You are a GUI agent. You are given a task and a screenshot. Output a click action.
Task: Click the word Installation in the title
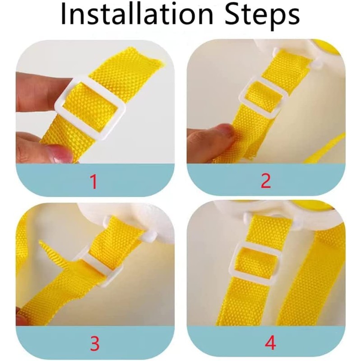point(137,14)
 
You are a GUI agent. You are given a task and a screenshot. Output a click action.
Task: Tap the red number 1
point(93,182)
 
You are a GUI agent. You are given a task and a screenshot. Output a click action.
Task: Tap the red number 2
point(266,181)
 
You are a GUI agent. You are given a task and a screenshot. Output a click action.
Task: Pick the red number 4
point(270,343)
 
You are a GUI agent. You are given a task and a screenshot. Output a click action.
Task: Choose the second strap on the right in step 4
point(311,276)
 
